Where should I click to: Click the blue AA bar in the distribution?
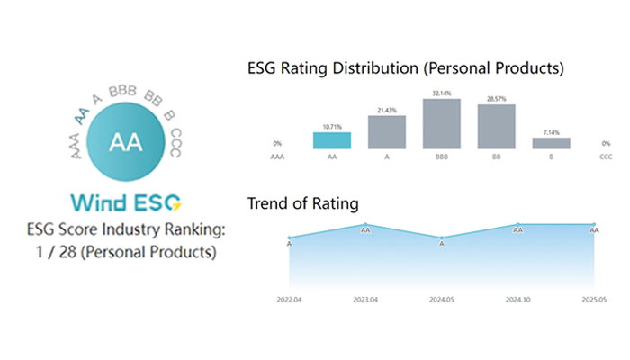[x=332, y=139]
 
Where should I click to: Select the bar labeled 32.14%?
[x=442, y=123]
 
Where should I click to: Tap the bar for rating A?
[x=387, y=131]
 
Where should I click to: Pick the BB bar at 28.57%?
[x=497, y=126]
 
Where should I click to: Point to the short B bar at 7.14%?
[x=551, y=142]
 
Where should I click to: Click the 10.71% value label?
[x=332, y=127]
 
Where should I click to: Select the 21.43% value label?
[x=387, y=109]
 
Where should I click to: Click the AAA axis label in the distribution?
[x=278, y=157]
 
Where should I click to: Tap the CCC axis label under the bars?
[x=606, y=157]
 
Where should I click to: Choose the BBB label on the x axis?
[x=442, y=157]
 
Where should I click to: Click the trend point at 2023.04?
[x=365, y=224]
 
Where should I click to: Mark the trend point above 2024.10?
[x=518, y=224]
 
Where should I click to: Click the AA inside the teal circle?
[x=125, y=141]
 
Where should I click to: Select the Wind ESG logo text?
[x=125, y=199]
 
